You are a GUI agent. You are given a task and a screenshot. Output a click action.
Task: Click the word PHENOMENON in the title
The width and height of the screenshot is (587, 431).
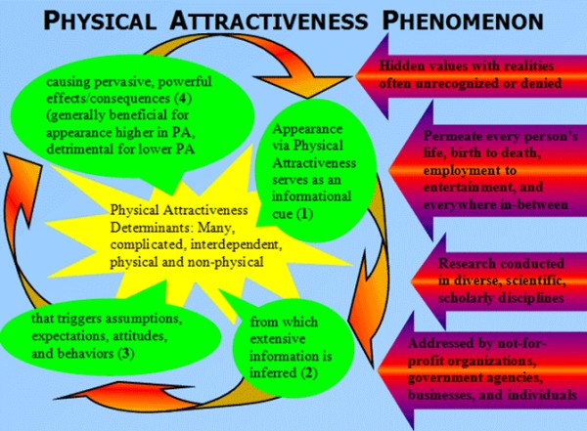tap(463, 21)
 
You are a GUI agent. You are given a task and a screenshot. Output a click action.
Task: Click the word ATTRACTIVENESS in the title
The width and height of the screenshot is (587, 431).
tap(269, 21)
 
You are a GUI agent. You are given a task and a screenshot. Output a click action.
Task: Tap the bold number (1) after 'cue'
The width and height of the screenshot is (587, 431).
tap(304, 214)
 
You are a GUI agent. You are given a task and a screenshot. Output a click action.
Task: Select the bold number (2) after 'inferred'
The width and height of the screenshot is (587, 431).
tap(309, 373)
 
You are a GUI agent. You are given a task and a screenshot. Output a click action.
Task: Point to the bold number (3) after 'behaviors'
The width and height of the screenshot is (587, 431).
tap(126, 354)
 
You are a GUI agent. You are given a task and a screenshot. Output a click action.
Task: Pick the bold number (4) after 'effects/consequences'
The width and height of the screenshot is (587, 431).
tap(183, 99)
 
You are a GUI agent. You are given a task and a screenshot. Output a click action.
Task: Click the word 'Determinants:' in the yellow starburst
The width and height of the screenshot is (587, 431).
tap(151, 228)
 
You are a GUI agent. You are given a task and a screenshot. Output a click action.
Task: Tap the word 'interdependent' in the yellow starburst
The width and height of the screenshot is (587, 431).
tap(235, 244)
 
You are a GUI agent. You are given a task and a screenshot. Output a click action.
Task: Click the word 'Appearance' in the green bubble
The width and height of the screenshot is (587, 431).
tap(307, 129)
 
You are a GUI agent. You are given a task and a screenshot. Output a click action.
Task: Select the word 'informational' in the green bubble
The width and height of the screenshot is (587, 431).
tap(311, 196)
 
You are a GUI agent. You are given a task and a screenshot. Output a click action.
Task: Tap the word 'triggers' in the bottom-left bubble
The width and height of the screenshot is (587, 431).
tap(81, 320)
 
